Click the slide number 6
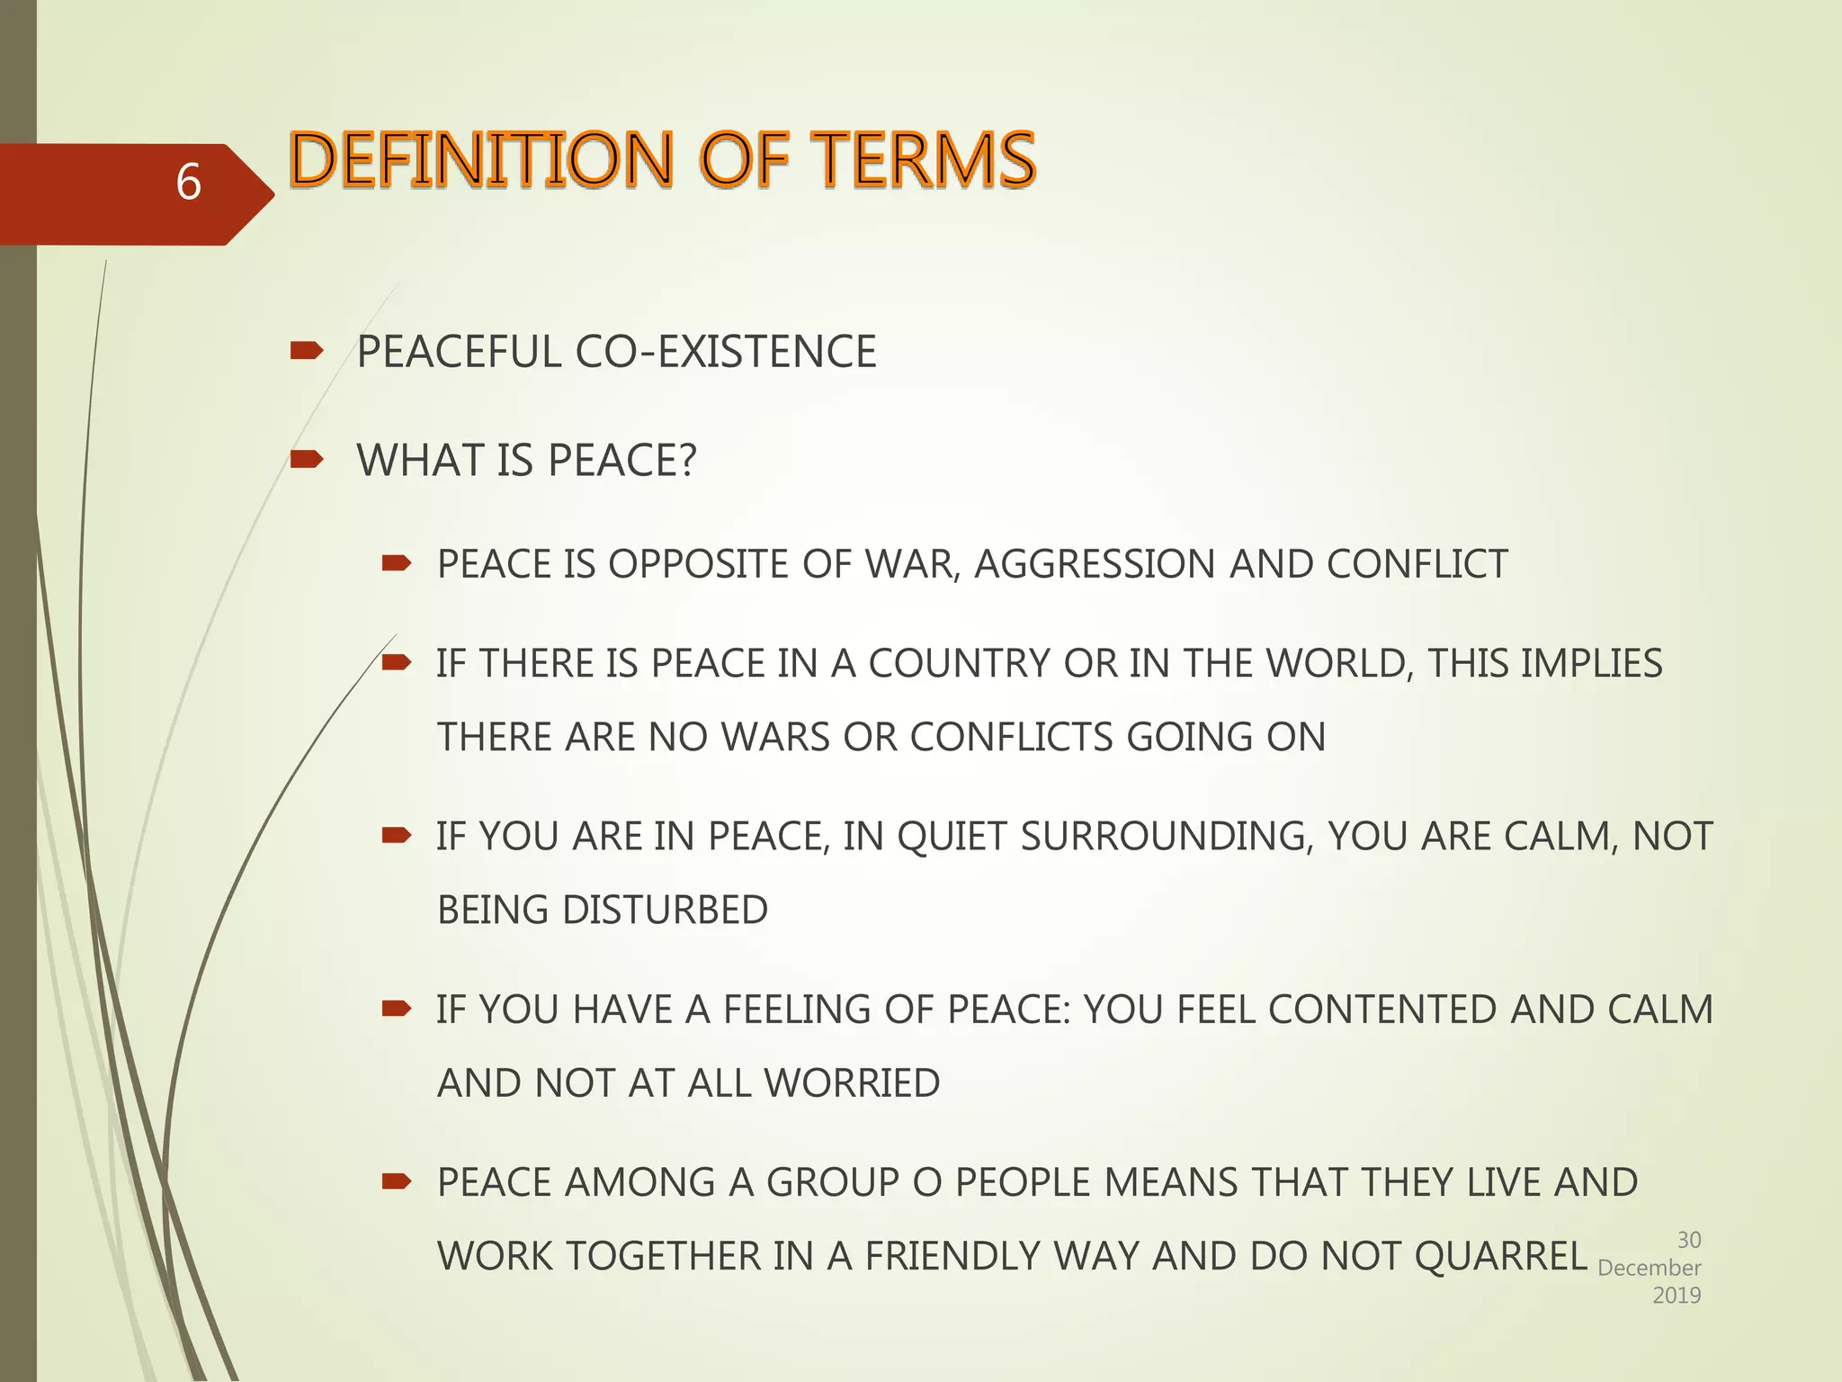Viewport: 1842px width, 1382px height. pyautogui.click(x=188, y=183)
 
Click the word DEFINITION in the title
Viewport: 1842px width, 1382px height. pyautogui.click(x=481, y=159)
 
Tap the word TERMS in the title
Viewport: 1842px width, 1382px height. pyautogui.click(x=927, y=159)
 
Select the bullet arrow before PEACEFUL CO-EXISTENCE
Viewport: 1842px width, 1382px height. pyautogui.click(x=306, y=351)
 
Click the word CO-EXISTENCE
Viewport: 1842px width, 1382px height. pyautogui.click(x=725, y=352)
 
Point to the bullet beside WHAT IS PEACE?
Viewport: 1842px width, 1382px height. pyautogui.click(x=306, y=460)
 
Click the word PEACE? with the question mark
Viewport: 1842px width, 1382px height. pyautogui.click(x=621, y=461)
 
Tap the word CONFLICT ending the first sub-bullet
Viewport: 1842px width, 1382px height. pyautogui.click(x=1417, y=565)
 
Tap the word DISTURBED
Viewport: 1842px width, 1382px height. pyautogui.click(x=665, y=911)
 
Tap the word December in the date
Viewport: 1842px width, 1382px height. pyautogui.click(x=1649, y=1268)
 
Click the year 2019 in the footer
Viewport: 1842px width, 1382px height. pyautogui.click(x=1677, y=1296)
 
